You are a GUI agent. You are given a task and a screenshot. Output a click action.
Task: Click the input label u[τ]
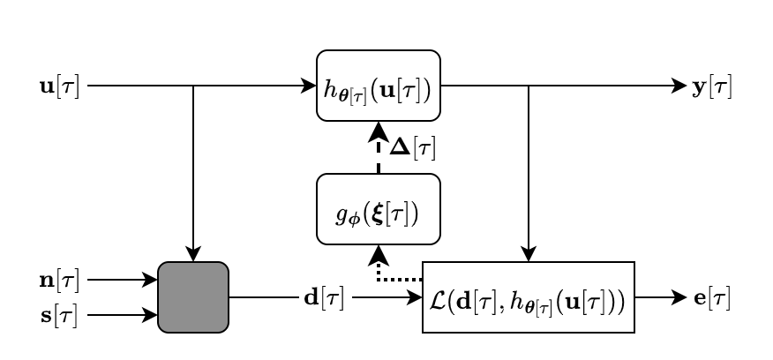tap(59, 86)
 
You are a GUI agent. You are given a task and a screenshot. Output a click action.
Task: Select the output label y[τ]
tap(712, 87)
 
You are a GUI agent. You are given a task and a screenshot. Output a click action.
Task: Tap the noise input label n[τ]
tap(59, 281)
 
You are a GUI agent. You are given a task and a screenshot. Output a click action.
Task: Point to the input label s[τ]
tap(59, 316)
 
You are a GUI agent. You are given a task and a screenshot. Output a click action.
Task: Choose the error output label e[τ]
tap(712, 299)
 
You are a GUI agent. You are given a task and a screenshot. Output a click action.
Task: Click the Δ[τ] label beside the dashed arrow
tap(413, 147)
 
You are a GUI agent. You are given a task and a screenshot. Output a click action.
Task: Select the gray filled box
tap(193, 297)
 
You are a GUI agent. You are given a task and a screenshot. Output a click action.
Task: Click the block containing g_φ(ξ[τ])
tap(379, 209)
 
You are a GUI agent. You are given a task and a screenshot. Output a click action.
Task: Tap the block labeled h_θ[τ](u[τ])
tap(379, 86)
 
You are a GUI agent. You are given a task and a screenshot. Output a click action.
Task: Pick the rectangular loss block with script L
tap(529, 297)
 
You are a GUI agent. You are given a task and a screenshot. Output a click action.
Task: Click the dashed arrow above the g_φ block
tap(379, 147)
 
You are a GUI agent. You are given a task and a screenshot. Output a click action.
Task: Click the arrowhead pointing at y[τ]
tap(679, 86)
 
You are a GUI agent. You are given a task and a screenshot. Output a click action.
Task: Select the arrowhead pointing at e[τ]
tap(679, 297)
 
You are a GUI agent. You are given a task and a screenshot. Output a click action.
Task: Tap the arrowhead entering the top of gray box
tap(193, 253)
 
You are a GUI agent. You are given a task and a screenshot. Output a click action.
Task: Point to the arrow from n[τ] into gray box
tap(123, 280)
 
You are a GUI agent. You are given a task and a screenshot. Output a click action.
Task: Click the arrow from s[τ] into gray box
tap(123, 315)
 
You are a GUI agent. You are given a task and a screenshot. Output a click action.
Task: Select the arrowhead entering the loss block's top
tap(529, 253)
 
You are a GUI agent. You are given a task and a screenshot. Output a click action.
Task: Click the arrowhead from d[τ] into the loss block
tap(414, 297)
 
